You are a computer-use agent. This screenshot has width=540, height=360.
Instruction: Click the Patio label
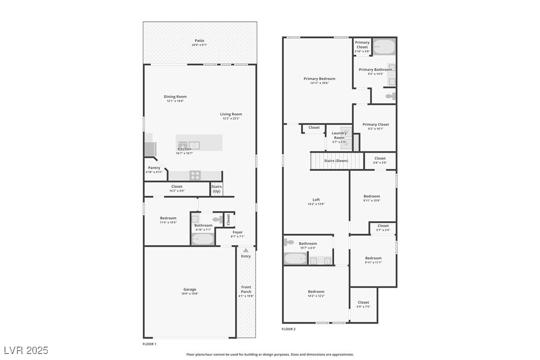(x=199, y=41)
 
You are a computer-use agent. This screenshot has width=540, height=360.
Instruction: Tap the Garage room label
(x=189, y=289)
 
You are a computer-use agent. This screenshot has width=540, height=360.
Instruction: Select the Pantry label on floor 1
(x=154, y=168)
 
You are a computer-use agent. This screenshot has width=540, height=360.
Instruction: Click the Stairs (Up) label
(x=216, y=189)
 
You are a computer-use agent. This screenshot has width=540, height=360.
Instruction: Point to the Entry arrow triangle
(x=246, y=251)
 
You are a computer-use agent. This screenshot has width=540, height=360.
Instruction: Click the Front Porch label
(x=246, y=289)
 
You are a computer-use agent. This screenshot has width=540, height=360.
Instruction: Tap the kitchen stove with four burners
(x=195, y=175)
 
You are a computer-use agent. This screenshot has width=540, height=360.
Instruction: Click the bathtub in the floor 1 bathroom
(x=203, y=239)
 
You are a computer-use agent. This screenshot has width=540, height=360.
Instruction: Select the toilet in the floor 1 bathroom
(x=218, y=219)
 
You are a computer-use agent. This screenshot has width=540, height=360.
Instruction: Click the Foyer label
(x=238, y=232)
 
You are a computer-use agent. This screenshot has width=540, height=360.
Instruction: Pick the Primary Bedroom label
(x=319, y=79)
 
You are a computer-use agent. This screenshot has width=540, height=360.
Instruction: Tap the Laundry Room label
(x=339, y=135)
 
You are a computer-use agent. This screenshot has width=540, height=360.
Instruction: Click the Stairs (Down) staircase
(x=329, y=161)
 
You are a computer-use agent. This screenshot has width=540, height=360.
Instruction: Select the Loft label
(x=316, y=200)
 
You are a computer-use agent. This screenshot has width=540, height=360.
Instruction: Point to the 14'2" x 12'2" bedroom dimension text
(x=316, y=296)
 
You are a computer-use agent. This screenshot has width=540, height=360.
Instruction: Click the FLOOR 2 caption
(x=288, y=329)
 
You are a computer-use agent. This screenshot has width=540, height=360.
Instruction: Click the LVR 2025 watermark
(x=25, y=351)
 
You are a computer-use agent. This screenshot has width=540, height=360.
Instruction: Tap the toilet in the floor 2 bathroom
(x=289, y=242)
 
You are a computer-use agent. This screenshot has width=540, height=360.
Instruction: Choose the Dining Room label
(x=175, y=97)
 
